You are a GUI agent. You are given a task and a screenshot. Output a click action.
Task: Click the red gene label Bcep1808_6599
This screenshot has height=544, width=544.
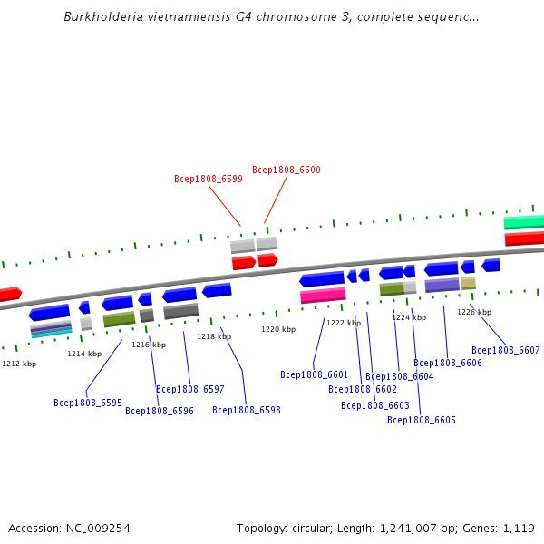[x=209, y=180]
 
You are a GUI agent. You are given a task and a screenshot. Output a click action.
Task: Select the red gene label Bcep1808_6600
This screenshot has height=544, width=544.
[x=287, y=170]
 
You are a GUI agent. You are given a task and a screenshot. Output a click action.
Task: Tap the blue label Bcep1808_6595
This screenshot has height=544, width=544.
[x=88, y=403]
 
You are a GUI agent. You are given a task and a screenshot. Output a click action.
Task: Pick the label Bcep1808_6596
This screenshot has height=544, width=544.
[x=160, y=411]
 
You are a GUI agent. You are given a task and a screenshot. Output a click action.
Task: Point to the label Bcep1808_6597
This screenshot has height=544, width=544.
[x=190, y=389]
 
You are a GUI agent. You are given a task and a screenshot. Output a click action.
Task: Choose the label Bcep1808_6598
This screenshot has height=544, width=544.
[x=247, y=410]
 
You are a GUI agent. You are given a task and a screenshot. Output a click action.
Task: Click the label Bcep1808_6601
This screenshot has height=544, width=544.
[x=315, y=374]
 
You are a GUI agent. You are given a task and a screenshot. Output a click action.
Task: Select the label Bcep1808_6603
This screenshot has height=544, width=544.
[x=375, y=405]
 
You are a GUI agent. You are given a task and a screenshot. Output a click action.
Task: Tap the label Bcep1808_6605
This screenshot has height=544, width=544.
[x=422, y=420]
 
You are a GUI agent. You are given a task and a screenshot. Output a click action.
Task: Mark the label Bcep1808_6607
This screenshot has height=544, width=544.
[x=506, y=350]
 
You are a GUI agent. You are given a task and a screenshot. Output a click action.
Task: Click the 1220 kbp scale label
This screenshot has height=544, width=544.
[x=278, y=329]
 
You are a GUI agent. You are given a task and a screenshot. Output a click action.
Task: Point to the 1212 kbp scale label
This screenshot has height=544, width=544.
[x=19, y=364]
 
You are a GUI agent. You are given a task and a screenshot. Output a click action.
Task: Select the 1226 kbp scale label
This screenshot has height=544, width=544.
[x=474, y=312]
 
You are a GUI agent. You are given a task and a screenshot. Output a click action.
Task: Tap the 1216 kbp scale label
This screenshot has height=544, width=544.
[x=149, y=345]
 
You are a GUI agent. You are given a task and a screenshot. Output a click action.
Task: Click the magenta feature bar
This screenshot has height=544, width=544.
[x=323, y=296]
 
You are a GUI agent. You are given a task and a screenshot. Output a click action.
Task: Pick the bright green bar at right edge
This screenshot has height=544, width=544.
[x=524, y=222]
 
